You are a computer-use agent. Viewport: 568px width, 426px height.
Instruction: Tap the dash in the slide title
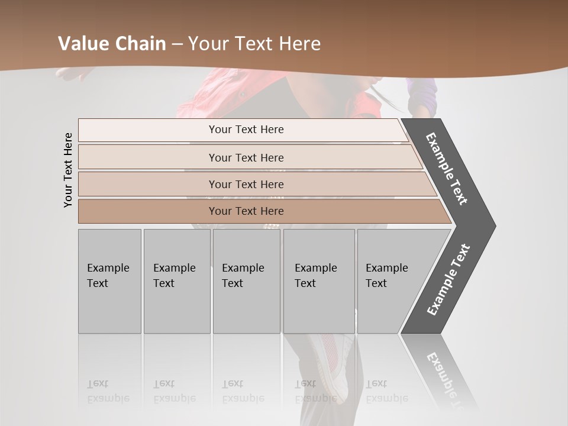(177, 44)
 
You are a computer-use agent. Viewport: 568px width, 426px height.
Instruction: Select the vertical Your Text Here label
(68, 170)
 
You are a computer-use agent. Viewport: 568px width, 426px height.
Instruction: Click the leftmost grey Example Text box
(109, 280)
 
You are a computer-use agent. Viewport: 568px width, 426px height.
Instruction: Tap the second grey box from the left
(177, 280)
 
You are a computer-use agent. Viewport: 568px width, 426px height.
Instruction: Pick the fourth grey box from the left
(319, 280)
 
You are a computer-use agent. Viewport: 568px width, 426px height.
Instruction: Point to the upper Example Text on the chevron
(447, 169)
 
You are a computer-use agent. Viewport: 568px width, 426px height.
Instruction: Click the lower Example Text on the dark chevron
(448, 280)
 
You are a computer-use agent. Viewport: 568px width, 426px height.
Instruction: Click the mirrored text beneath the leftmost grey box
(108, 391)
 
